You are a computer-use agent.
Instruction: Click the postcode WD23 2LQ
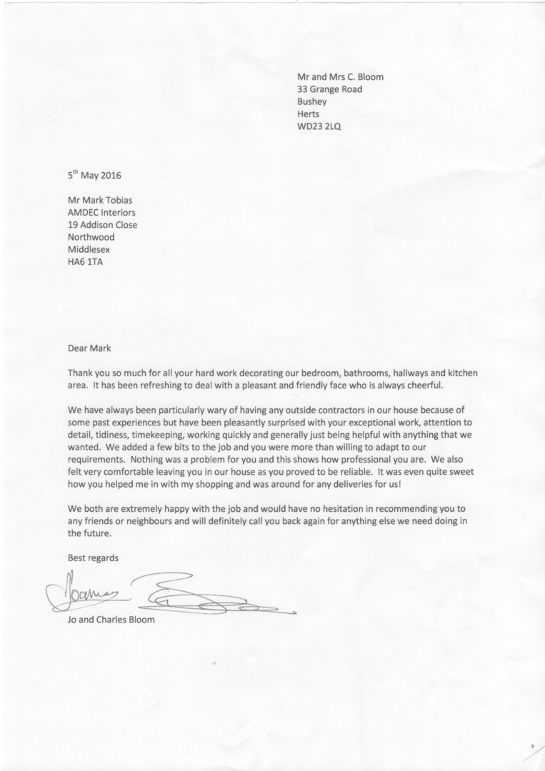(319, 127)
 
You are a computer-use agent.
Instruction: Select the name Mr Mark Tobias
(101, 199)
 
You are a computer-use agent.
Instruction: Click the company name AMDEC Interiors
(101, 212)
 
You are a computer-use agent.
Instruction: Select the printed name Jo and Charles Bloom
(111, 619)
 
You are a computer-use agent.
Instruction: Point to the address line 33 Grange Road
(329, 89)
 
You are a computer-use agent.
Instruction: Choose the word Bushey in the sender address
(312, 101)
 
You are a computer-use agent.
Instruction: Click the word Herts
(309, 114)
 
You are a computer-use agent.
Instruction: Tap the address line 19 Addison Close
(102, 224)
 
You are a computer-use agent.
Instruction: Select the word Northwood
(91, 237)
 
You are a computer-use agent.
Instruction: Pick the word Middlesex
(89, 250)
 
